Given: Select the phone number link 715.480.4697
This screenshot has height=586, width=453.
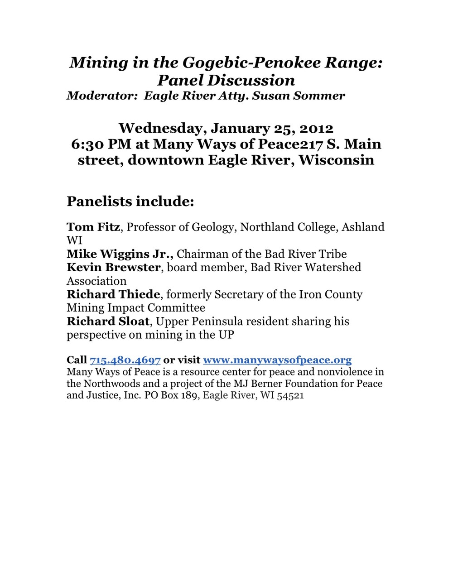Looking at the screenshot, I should click(125, 360).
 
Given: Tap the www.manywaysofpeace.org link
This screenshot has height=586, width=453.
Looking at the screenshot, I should click(277, 360).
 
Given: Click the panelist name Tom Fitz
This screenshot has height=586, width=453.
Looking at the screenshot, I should click(93, 227).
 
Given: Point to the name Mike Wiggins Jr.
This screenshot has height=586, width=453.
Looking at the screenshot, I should click(120, 254).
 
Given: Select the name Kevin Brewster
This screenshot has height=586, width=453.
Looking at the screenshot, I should click(113, 267).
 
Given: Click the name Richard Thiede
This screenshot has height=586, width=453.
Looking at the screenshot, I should click(113, 294).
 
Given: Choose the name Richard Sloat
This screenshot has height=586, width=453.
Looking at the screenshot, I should click(108, 322).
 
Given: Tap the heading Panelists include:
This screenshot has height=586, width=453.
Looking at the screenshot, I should click(130, 201).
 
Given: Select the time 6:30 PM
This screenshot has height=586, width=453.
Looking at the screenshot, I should click(101, 144).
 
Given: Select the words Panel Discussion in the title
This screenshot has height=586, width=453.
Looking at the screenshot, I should click(226, 80).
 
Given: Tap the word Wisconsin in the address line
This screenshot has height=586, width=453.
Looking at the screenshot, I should click(337, 160).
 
